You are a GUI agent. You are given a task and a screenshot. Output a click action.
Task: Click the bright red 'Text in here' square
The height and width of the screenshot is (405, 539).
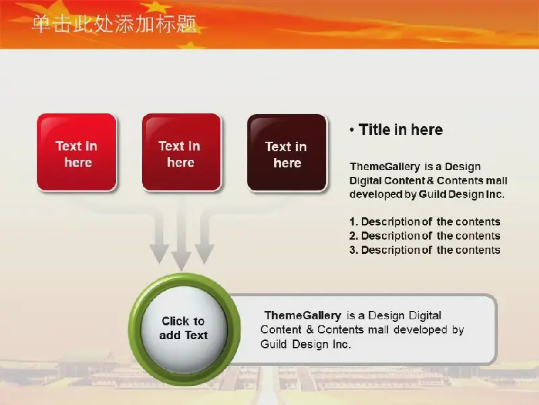tap(77, 153)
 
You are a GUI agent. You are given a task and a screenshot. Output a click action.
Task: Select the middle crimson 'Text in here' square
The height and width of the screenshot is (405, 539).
tap(181, 153)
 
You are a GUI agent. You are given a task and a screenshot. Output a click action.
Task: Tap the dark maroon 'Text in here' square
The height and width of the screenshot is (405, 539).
tap(287, 153)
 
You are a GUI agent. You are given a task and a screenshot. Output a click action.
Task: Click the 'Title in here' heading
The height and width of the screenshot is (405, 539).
tap(400, 130)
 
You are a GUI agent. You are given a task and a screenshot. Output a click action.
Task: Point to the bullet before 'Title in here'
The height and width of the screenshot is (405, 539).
tap(352, 130)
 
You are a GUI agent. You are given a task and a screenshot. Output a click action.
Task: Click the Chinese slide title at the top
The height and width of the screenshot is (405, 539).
tap(114, 24)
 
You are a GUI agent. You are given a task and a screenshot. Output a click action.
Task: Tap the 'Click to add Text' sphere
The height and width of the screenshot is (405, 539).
tap(184, 329)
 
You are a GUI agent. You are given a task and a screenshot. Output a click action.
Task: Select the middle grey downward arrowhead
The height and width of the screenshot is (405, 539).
tap(181, 261)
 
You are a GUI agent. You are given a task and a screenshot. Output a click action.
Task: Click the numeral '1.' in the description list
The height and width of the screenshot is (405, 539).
tap(354, 222)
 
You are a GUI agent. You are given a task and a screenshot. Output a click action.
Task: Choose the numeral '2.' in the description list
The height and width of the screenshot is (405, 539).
tap(354, 236)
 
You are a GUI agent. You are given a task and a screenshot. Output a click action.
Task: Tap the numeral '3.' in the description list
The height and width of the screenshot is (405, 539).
tap(354, 250)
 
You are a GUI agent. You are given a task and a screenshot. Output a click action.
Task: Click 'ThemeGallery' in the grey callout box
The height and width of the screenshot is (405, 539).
tap(303, 316)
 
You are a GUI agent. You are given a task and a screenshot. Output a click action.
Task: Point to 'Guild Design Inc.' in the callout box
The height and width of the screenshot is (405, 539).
tap(306, 344)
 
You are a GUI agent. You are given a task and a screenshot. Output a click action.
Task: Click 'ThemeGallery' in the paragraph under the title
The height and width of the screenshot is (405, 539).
tap(385, 167)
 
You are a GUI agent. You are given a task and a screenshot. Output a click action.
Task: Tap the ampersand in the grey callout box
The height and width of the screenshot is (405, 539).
tap(310, 329)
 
